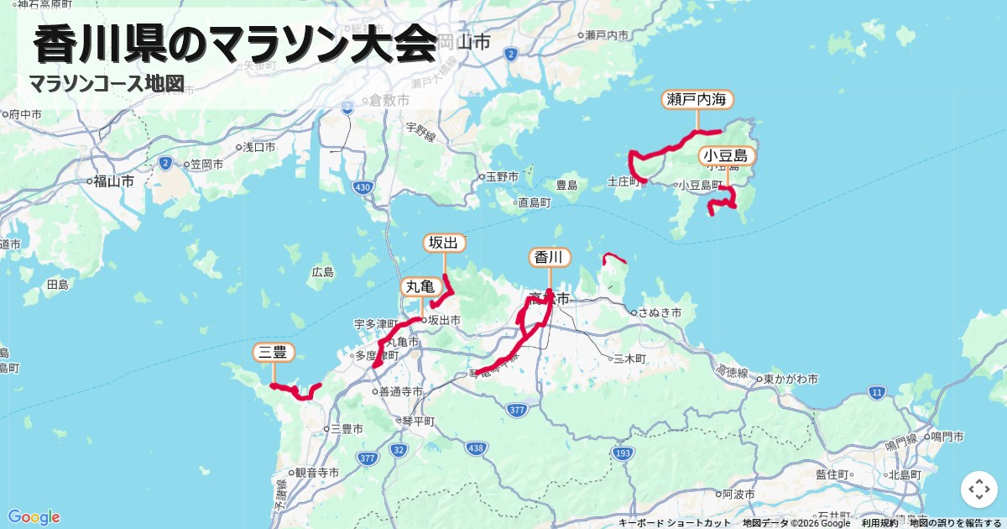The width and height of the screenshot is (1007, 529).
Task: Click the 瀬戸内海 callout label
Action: click(697, 100)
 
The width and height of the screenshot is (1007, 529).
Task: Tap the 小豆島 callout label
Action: click(727, 156)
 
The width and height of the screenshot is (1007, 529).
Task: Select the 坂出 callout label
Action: click(444, 244)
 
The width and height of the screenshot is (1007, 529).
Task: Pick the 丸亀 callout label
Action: click(421, 287)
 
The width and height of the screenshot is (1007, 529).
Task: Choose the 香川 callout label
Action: click(550, 257)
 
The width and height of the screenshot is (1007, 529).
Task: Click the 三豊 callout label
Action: click(274, 353)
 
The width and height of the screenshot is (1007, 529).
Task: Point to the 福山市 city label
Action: click(114, 181)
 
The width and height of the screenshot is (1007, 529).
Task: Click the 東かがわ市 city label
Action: click(791, 380)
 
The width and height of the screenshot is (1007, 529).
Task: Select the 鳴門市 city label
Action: click(947, 437)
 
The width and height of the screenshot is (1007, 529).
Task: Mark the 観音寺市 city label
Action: click(316, 474)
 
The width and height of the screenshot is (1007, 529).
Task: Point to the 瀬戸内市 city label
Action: click(607, 35)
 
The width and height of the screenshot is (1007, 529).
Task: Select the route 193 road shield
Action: click(622, 453)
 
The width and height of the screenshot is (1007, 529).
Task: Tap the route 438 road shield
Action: click(477, 448)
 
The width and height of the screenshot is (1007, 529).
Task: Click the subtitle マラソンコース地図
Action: click(106, 84)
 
